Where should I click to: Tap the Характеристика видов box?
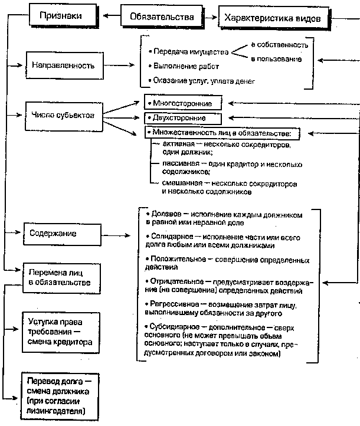269,18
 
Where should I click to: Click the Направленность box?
61,65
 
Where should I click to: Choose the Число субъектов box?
61,114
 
